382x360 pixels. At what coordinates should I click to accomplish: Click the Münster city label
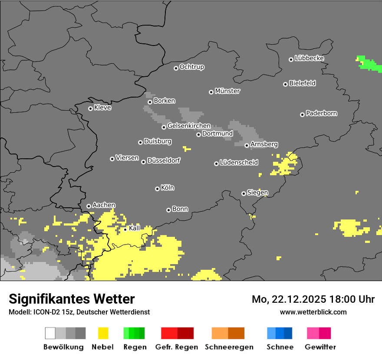pos(227,91)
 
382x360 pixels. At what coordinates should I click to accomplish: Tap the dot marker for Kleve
pos(90,108)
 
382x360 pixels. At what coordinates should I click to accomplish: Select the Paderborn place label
pos(322,113)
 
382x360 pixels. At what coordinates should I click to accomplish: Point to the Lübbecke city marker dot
pos(291,59)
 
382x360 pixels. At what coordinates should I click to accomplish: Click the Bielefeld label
pos(303,83)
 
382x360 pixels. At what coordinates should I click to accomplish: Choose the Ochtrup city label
pos(192,67)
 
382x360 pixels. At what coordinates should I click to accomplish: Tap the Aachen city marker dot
pos(89,206)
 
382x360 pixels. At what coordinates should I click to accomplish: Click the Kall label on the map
pos(135,228)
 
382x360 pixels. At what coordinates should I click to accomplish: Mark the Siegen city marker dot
pos(244,193)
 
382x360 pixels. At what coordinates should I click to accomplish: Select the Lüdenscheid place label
pos(239,163)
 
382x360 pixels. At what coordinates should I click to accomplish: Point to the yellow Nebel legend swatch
pos(103,333)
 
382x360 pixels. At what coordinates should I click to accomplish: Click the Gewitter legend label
pos(320,347)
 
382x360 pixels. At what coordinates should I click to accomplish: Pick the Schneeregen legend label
pos(229,347)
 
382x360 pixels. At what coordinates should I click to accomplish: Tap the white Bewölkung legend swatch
pos(50,333)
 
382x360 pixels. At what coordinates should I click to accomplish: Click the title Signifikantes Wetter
pos(72,299)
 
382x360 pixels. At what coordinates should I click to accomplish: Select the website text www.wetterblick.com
pos(313,312)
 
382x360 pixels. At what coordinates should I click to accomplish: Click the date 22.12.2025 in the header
pos(299,299)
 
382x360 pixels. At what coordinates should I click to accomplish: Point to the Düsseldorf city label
pos(164,160)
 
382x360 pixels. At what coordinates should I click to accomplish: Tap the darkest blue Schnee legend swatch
pos(288,333)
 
